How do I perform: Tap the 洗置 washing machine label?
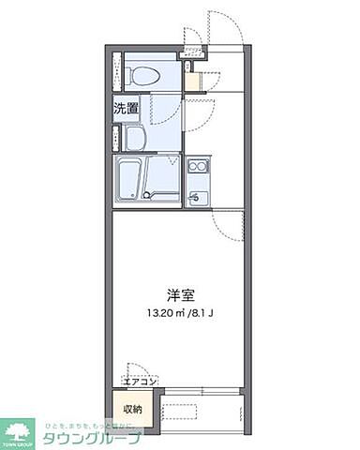[x=127, y=109]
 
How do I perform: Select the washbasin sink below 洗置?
[x=134, y=139]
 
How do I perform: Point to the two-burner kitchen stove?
[x=198, y=168]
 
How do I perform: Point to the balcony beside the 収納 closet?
[x=202, y=409]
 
